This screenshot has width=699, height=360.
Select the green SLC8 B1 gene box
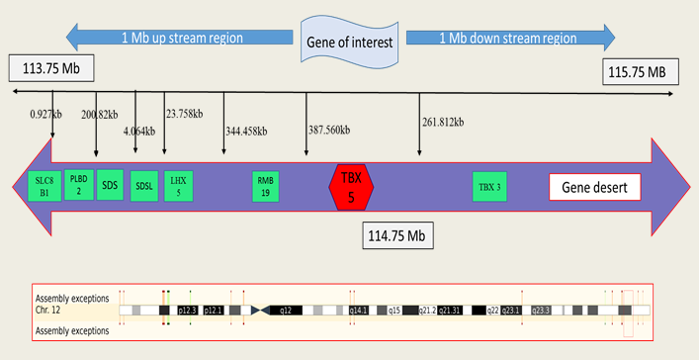43,187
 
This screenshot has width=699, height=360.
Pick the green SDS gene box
110,185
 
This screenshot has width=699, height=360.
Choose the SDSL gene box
144,186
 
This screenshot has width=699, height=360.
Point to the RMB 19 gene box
265,186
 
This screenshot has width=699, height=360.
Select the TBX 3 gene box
489,186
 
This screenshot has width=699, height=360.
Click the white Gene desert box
595,187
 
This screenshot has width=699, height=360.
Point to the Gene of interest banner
350,42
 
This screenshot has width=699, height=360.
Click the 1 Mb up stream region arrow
180,39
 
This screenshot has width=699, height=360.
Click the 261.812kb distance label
443,122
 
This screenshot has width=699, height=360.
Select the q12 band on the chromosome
286,310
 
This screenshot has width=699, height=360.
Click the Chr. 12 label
51,310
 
